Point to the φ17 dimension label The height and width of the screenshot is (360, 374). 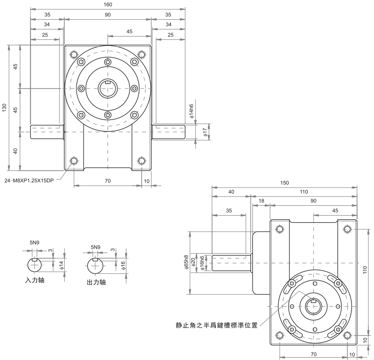pos(205,132)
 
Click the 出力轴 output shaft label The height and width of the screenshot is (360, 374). pos(96,283)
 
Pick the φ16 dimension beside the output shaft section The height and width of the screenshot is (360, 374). pos(123,265)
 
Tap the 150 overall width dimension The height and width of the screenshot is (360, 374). pos(284,183)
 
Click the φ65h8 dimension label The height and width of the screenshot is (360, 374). pos(187,263)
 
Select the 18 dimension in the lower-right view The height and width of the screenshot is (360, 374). pos(261,201)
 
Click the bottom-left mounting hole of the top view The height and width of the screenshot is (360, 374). pos(74,162)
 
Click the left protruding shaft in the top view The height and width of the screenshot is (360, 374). pos(47,132)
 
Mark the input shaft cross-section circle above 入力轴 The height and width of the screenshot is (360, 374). pos(35,265)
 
